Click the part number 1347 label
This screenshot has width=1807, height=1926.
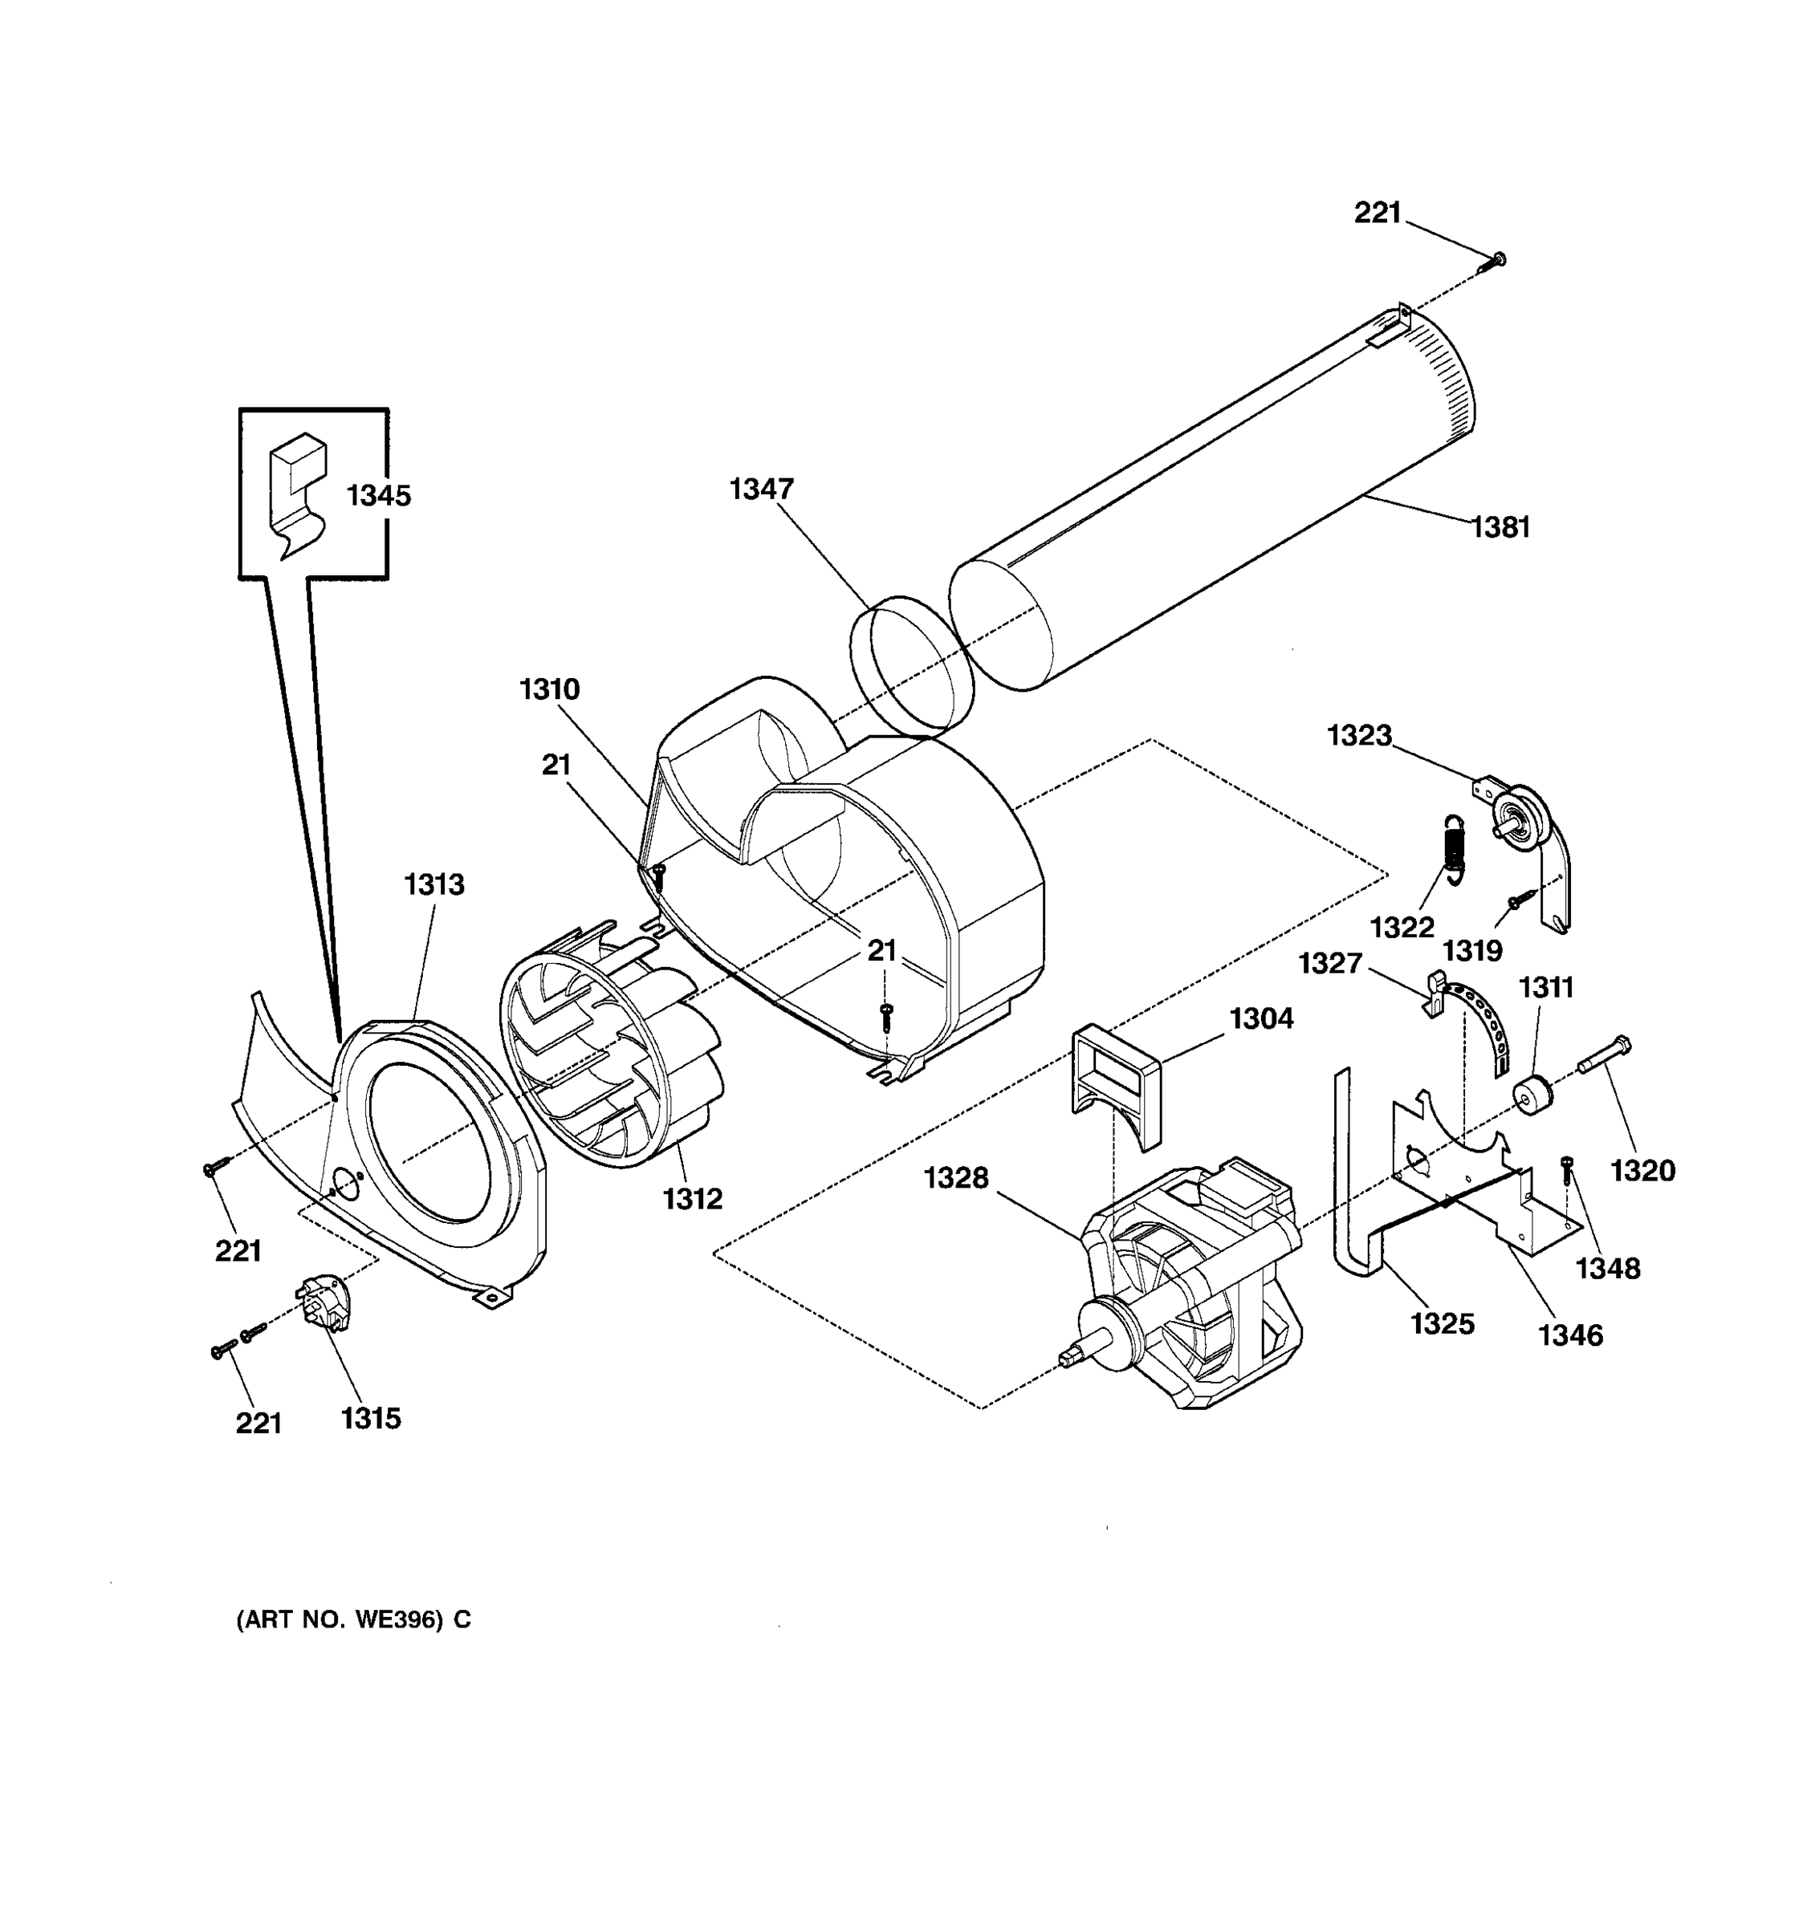[762, 490]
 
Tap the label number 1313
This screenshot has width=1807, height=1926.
[434, 884]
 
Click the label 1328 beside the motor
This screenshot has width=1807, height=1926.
[955, 1178]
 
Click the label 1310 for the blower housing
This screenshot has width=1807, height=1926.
[549, 690]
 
